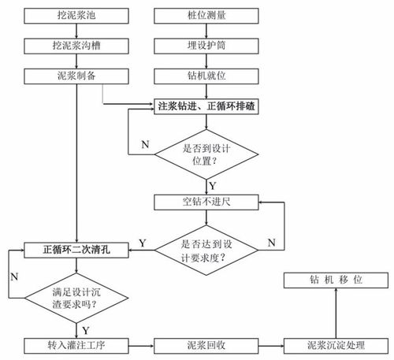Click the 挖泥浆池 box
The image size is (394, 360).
tap(76, 16)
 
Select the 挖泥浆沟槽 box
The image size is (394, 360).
tap(76, 46)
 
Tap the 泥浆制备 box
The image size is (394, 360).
tap(76, 76)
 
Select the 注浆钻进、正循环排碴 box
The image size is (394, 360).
tap(206, 106)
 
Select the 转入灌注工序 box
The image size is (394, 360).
tap(76, 346)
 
